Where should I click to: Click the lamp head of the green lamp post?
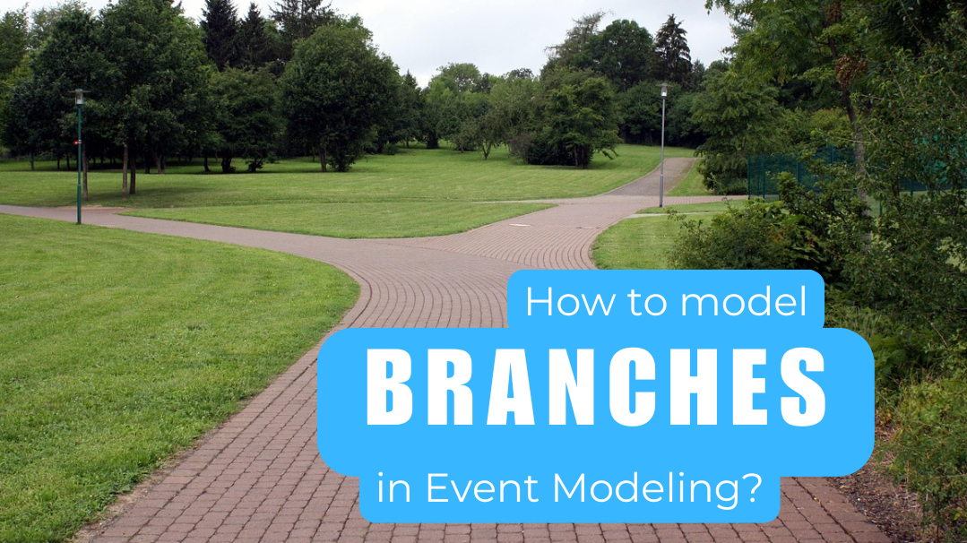click(79, 95)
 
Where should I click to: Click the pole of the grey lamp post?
click(662, 152)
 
